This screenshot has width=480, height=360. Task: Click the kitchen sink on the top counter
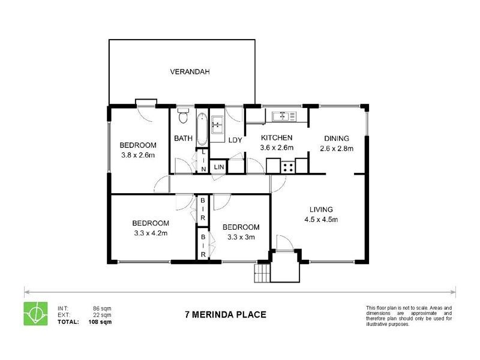[279, 115]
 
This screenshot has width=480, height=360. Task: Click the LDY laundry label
[235, 140]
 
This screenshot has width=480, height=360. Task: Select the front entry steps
[262, 275]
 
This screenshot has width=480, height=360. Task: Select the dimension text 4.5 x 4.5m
[321, 219]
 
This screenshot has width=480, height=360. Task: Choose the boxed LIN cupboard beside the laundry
[219, 166]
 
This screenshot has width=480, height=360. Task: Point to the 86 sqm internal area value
[102, 308]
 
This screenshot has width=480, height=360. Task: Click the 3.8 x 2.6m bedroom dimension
[137, 155]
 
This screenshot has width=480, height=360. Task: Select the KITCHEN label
[276, 138]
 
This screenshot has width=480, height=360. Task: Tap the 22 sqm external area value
[102, 315]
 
